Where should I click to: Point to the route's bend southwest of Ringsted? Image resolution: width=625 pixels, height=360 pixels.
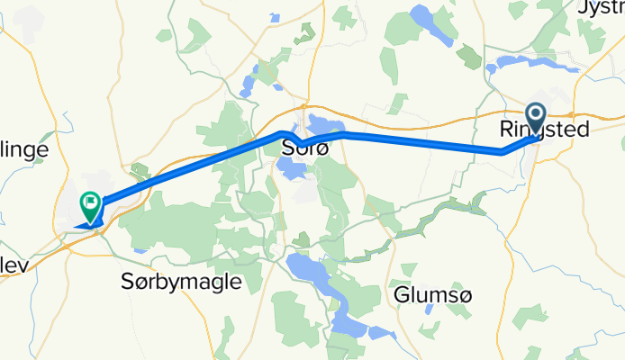coord(502,153)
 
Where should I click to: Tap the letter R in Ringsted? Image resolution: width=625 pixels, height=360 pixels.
coord(505,130)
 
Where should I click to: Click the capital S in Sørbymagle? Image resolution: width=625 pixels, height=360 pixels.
coord(126,282)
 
